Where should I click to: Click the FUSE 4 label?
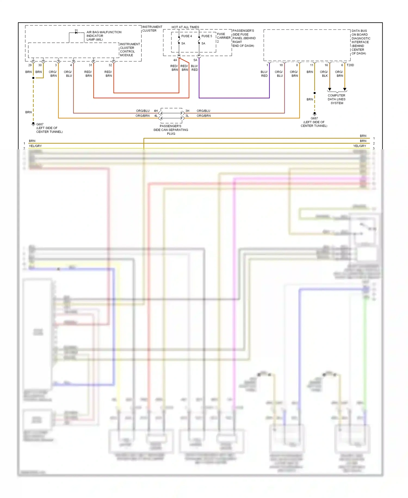(186, 36)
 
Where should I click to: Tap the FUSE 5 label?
(206, 36)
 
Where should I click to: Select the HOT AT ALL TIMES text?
(185, 27)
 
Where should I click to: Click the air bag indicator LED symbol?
(76, 32)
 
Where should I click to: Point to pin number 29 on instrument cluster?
(30, 65)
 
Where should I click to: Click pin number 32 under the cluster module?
(110, 65)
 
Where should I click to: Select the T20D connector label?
(350, 65)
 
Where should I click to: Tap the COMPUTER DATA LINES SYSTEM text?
(336, 99)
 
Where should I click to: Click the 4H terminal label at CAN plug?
(156, 111)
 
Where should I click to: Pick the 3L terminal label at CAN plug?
(187, 116)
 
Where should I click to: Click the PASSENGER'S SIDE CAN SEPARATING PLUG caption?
(171, 130)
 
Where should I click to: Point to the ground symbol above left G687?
(33, 124)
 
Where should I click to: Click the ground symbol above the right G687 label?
(314, 114)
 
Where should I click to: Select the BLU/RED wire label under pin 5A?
(194, 68)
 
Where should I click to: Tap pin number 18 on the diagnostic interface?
(281, 65)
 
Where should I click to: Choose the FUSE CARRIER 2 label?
(223, 38)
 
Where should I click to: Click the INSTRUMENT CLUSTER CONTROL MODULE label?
(130, 50)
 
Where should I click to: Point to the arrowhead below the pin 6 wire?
(345, 89)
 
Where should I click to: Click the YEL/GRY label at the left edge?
(35, 146)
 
